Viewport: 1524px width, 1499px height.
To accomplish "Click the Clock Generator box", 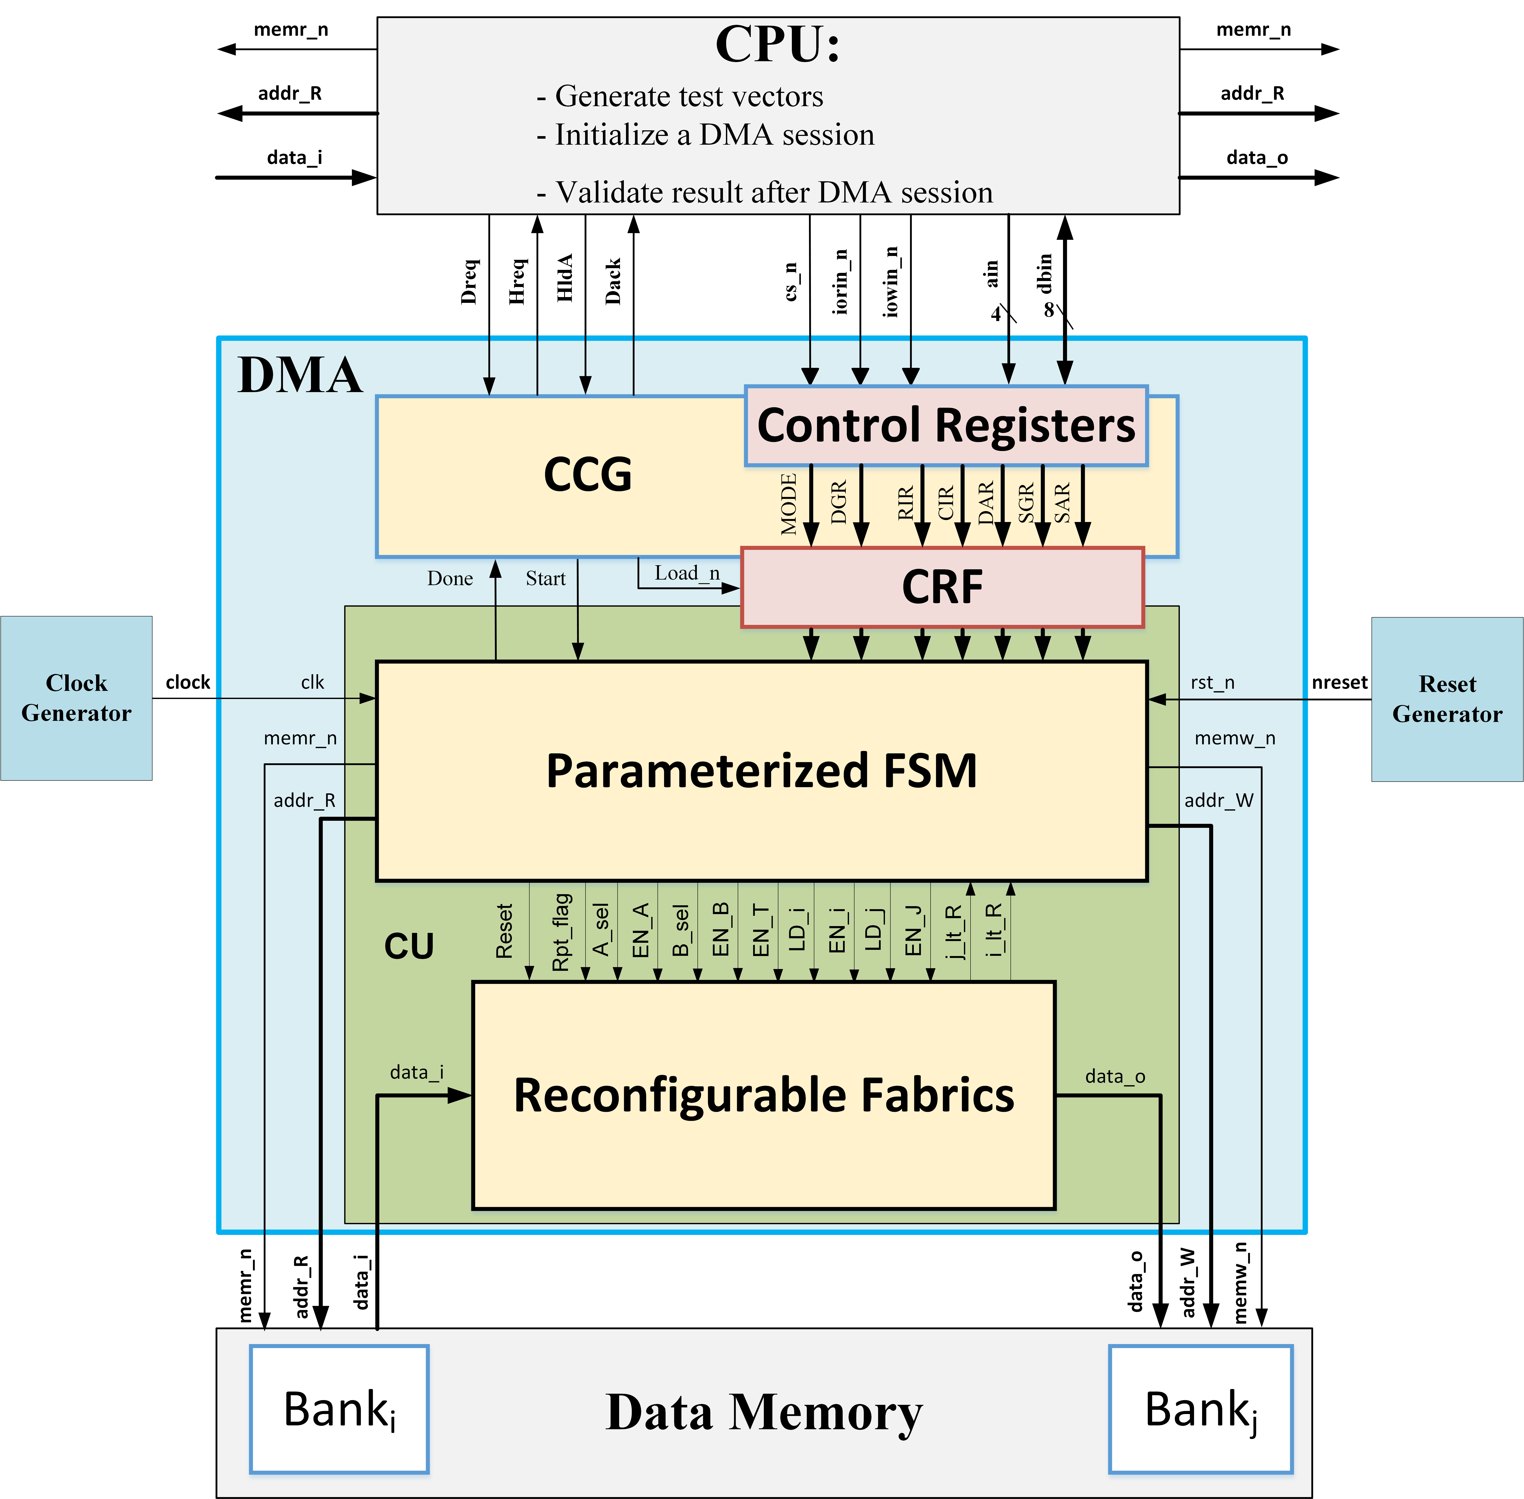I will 76,698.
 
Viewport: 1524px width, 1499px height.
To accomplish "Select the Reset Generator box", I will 1447,699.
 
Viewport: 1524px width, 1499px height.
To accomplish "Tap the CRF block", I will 942,587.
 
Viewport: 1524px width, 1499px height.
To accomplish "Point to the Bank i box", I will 339,1409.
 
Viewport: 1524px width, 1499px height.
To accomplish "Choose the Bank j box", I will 1200,1409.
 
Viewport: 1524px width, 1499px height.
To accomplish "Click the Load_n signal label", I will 686,573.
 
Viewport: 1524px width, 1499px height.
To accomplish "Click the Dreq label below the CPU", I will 469,281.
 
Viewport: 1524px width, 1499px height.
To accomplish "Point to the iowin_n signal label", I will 890,281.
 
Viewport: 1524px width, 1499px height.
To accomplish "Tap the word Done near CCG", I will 450,579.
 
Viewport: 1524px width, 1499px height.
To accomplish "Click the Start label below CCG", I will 546,579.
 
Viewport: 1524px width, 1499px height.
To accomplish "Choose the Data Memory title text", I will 764,1412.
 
